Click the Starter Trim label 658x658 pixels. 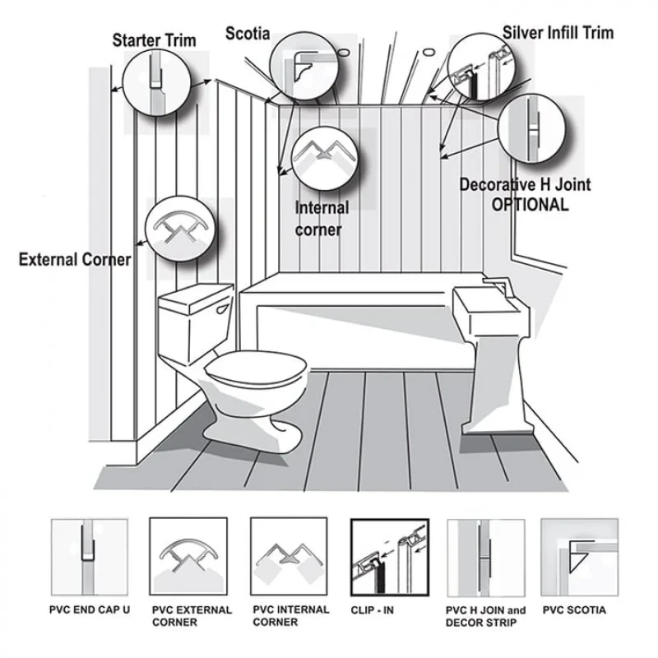click(154, 39)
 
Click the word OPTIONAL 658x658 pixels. click(530, 205)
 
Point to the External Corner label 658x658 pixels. click(75, 260)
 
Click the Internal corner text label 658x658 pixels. click(322, 219)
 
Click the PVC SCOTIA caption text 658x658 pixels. click(574, 610)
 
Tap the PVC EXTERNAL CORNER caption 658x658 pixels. click(192, 616)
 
